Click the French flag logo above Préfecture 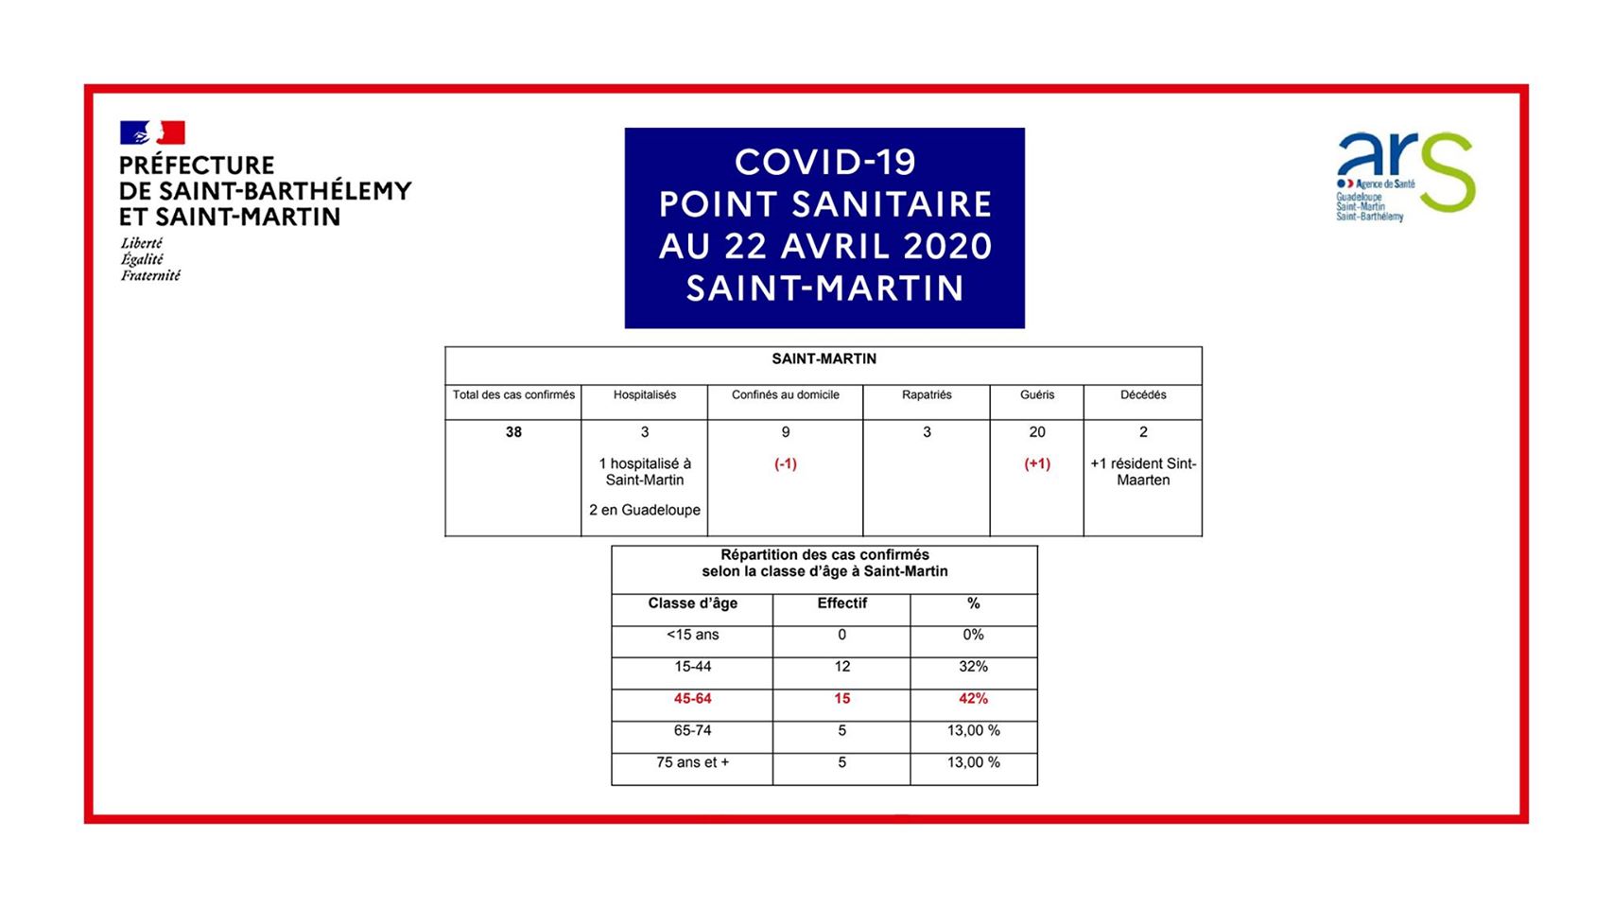tap(152, 132)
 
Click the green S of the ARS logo tap(1448, 172)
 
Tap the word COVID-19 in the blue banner tap(824, 162)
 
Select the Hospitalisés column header tap(644, 395)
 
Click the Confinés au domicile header tap(785, 395)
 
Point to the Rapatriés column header tap(926, 395)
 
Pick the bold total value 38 tap(513, 432)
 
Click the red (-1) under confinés tap(785, 464)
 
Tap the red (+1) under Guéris tap(1036, 464)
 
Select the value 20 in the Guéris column tap(1036, 432)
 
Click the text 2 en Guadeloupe tap(644, 510)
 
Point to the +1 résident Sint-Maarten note tap(1142, 472)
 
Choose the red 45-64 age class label tap(692, 699)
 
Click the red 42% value tap(973, 699)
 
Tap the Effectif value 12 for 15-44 tap(841, 667)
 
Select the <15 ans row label tap(692, 635)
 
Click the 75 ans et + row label tap(692, 762)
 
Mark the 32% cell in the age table tap(973, 667)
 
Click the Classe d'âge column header tap(692, 603)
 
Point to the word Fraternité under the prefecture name tap(150, 276)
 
